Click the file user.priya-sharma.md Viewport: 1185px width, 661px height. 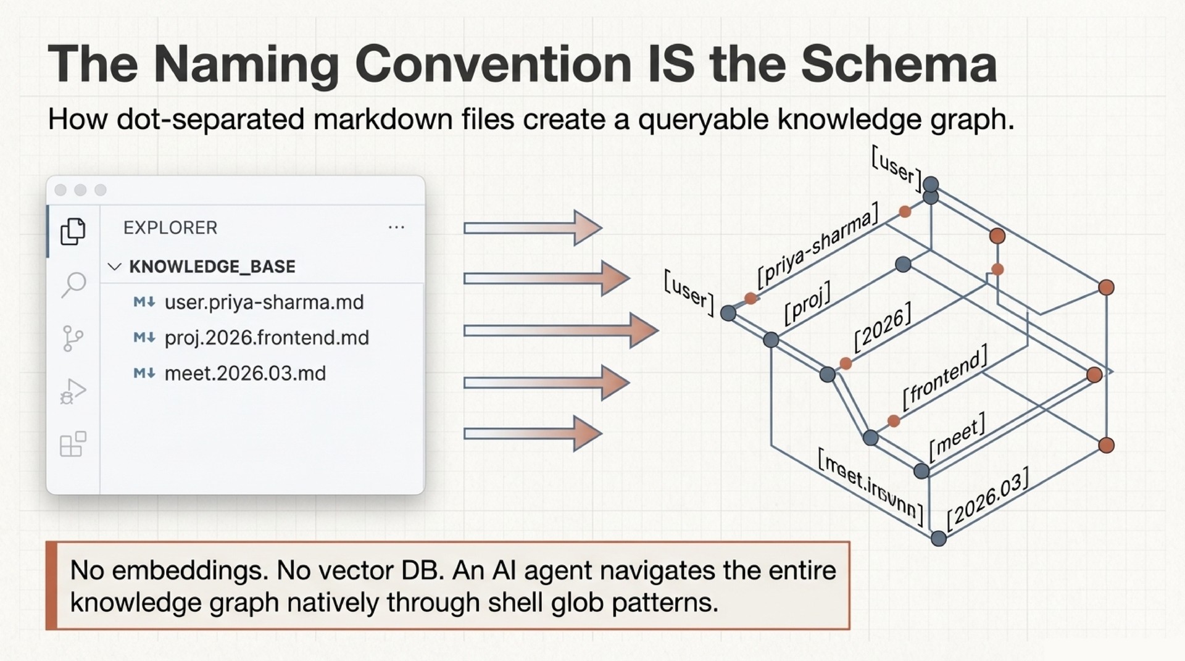264,302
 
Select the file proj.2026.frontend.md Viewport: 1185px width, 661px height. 266,338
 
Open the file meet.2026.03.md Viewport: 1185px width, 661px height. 244,373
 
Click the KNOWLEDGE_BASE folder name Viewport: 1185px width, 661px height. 212,267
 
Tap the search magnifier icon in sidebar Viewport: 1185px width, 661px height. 73,285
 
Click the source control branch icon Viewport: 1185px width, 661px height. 73,338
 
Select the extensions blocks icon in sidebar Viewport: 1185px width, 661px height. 73,444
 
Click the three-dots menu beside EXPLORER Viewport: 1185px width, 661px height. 396,228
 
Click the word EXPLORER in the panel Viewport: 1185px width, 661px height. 170,228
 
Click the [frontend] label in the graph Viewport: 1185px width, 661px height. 944,377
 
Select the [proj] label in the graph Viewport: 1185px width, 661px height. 807,303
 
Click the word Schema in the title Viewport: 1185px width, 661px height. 899,64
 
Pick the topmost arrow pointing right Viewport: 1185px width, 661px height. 532,228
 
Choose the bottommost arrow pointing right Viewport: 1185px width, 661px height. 532,433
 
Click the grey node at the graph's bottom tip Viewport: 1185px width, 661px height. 938,538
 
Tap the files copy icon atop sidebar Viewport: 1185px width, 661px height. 73,231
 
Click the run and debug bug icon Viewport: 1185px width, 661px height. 73,391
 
